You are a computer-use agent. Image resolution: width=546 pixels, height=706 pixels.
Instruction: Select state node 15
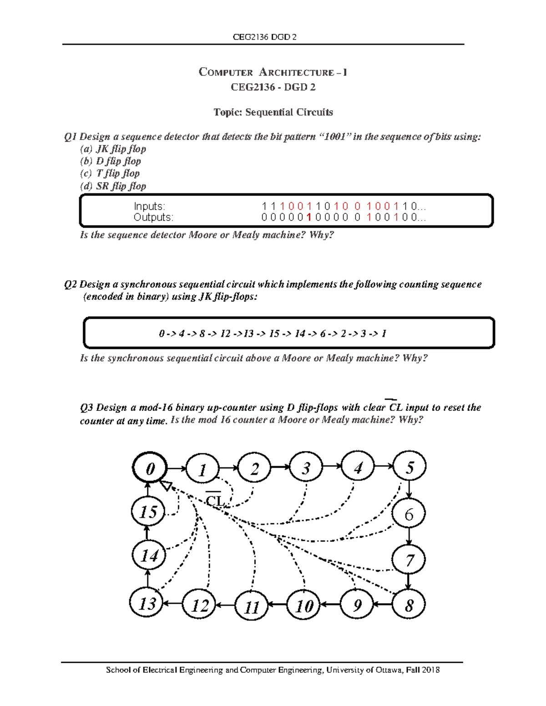coord(147,512)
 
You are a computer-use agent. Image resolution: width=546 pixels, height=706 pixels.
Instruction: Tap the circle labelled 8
coord(409,605)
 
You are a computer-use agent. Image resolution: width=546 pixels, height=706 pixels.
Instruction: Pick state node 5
coord(409,467)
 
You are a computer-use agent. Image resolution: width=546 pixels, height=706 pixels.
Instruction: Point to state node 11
coord(252,606)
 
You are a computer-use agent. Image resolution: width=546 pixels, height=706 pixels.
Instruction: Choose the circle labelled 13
coord(147,603)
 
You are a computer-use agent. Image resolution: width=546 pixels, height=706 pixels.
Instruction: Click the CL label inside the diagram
coord(214,501)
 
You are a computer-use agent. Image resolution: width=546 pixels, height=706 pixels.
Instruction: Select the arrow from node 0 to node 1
coord(177,468)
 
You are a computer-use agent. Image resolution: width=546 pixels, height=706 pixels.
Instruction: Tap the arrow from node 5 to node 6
coord(409,491)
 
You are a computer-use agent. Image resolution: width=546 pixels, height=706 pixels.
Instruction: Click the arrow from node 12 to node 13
coord(173,604)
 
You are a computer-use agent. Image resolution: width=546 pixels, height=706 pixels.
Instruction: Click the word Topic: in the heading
coord(228,112)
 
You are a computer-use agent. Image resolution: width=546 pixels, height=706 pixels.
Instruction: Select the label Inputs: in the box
coord(149,206)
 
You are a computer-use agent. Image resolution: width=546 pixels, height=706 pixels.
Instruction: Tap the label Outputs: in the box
coord(153,217)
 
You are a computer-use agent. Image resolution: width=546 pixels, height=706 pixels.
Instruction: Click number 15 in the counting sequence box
coord(274,334)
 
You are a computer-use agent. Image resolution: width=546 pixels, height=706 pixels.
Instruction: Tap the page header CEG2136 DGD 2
coord(264,37)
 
